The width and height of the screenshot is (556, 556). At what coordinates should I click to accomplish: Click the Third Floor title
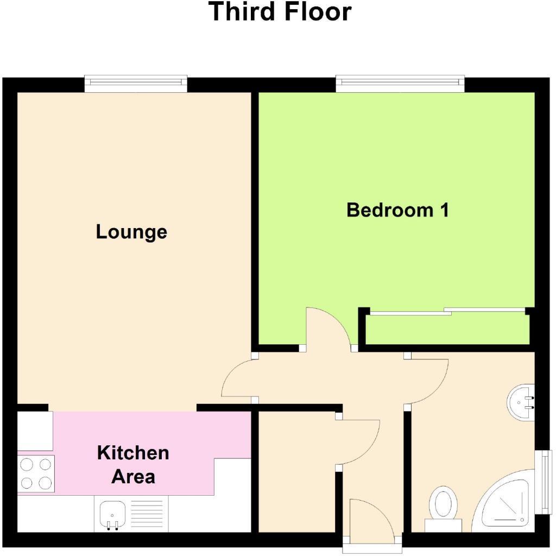[x=280, y=12]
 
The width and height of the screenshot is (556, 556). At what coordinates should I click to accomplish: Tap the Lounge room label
[x=131, y=232]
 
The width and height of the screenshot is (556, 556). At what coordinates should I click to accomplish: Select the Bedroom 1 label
[x=397, y=210]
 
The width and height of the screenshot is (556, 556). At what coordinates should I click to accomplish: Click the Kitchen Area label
[x=133, y=464]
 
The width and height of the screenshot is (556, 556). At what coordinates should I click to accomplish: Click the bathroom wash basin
[x=521, y=402]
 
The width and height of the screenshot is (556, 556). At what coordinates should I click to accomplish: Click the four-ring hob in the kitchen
[x=36, y=473]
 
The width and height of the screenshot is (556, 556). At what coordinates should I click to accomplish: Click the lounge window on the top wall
[x=136, y=83]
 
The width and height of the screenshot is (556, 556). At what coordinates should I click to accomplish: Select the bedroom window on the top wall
[x=400, y=83]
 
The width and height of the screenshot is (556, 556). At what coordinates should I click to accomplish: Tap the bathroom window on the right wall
[x=544, y=481]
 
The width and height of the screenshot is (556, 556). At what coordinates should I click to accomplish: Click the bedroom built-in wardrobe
[x=447, y=329]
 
